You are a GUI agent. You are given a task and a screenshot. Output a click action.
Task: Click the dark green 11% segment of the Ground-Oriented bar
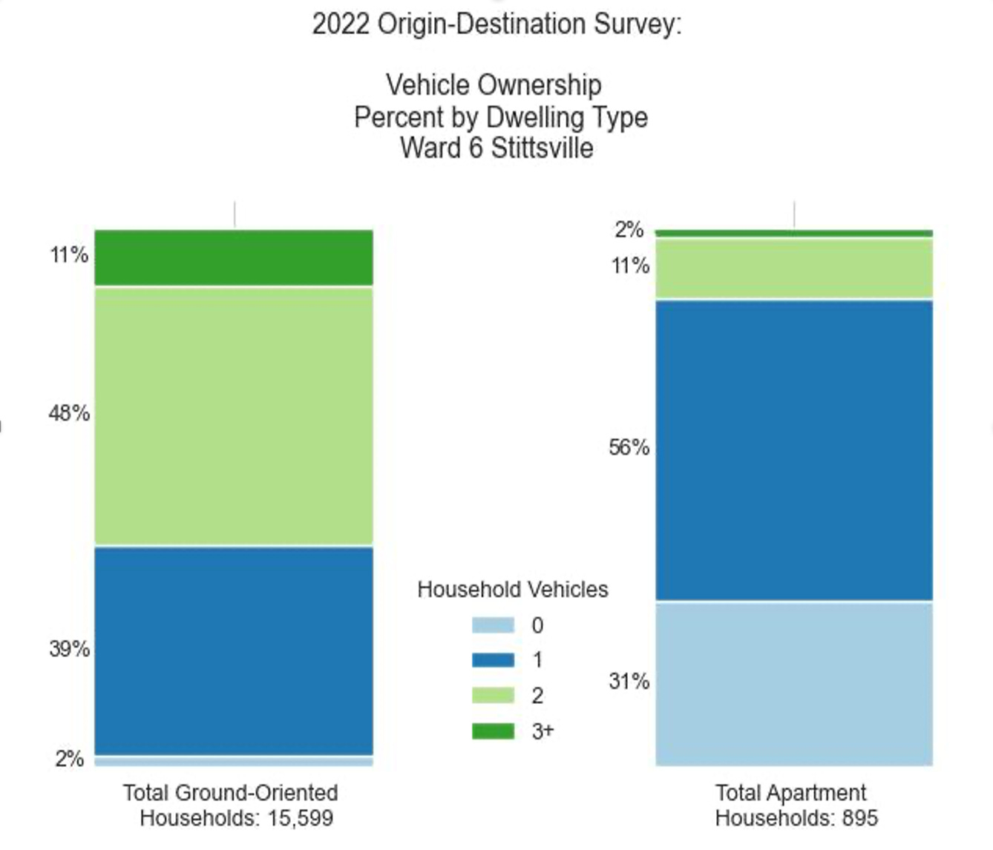233,257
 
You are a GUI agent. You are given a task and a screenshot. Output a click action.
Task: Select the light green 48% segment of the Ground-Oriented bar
233,416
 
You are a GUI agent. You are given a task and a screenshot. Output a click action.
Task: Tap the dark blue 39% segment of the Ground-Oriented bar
233,650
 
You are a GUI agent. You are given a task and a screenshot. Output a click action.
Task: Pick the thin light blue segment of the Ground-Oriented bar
233,761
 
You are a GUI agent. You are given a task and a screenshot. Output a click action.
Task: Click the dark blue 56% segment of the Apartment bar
793,449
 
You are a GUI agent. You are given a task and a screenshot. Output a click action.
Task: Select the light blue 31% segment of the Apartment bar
793,683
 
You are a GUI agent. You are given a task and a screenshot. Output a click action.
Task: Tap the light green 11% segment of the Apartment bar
793,268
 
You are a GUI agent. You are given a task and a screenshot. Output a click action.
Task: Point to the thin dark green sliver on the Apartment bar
793,233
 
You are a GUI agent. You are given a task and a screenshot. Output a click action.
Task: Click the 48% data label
69,413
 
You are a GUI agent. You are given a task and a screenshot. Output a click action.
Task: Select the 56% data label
629,447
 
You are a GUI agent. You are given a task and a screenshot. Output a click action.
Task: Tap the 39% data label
69,649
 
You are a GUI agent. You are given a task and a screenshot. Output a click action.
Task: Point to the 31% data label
629,681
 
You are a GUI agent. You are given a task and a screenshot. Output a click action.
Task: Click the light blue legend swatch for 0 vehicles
493,625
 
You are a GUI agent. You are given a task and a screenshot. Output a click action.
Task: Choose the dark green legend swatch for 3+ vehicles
493,731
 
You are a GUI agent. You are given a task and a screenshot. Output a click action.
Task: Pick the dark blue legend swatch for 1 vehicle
493,660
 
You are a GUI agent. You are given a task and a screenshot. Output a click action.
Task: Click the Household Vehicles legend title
512,590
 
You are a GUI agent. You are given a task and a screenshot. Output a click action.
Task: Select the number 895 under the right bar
859,818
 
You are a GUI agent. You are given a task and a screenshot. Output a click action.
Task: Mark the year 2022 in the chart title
340,24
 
